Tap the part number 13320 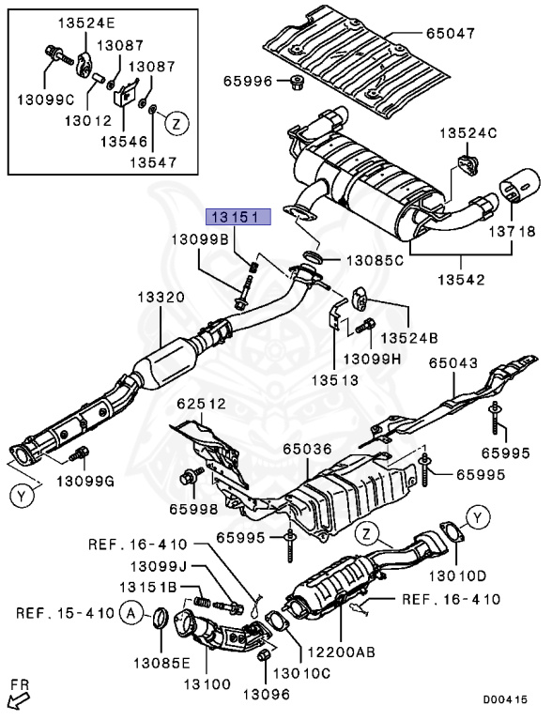(162, 297)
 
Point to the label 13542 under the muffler (461, 281)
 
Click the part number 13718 (514, 231)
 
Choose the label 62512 (202, 405)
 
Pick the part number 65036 (310, 450)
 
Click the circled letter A (131, 613)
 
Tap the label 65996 (248, 82)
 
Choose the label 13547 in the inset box (125, 161)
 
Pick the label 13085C (376, 260)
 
